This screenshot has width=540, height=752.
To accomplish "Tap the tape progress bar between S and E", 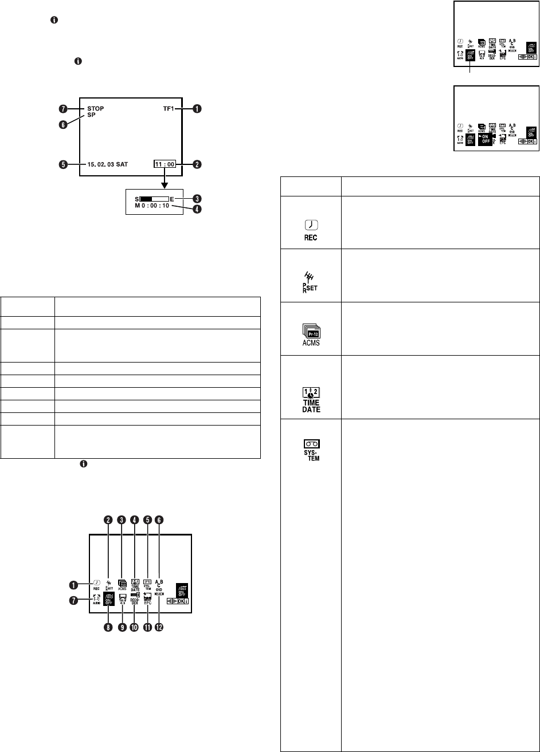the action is [x=152, y=199].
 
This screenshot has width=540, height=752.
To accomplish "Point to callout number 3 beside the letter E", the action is [x=197, y=198].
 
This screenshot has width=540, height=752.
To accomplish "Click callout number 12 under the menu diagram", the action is [x=159, y=627].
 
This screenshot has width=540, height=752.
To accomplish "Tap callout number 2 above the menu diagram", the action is [x=107, y=519].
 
